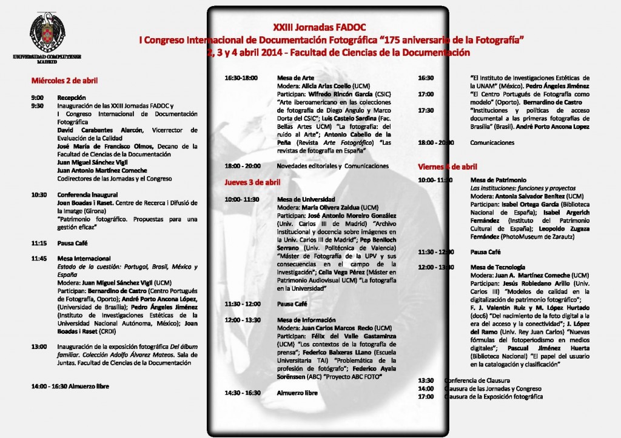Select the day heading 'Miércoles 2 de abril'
click(x=65, y=80)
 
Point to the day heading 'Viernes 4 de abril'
click(x=448, y=166)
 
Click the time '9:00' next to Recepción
click(x=38, y=98)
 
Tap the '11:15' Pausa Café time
click(x=39, y=242)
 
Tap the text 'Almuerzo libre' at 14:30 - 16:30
click(x=297, y=393)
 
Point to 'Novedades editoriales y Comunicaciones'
click(x=332, y=165)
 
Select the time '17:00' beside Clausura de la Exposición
click(x=426, y=396)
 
